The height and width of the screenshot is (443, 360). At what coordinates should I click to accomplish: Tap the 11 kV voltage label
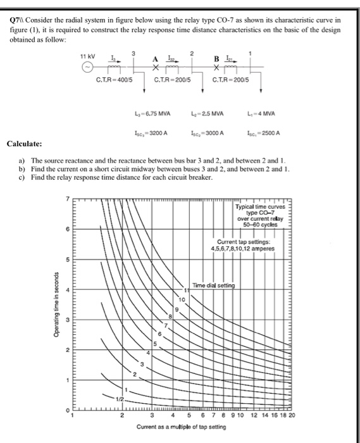[87, 57]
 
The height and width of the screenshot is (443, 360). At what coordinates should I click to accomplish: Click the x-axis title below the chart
[183, 428]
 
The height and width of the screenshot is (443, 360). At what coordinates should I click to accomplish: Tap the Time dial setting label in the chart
[213, 285]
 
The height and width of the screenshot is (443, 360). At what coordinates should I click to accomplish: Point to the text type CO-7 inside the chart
[261, 212]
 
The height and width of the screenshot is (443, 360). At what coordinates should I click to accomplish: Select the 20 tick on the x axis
[292, 416]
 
